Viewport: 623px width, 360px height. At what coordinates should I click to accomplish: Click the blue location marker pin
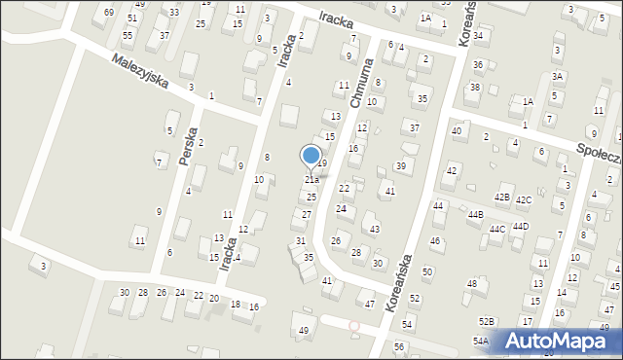[311, 157]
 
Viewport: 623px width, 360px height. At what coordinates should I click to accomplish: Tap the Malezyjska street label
[139, 71]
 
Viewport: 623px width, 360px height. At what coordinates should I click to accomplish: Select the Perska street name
[189, 146]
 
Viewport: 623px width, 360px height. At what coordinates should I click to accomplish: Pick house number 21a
[311, 180]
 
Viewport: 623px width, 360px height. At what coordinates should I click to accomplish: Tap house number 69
[108, 13]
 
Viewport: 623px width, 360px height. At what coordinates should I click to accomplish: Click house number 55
[128, 35]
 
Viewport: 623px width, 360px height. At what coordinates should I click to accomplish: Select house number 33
[173, 13]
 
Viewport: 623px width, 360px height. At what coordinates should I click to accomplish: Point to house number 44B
[475, 214]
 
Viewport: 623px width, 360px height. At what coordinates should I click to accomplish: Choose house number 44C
[497, 229]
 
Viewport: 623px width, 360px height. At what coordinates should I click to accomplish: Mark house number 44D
[521, 226]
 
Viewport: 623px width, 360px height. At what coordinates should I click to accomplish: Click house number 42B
[501, 198]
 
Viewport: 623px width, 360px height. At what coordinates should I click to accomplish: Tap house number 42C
[524, 200]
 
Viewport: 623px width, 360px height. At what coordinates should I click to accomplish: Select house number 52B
[486, 321]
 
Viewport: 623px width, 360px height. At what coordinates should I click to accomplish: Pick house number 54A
[481, 341]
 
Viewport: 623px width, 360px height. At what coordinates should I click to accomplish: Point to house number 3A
[558, 76]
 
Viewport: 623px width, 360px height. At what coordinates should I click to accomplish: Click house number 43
[375, 229]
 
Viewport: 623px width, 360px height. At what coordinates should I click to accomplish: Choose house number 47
[370, 305]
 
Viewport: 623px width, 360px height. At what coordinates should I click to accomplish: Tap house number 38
[474, 88]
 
